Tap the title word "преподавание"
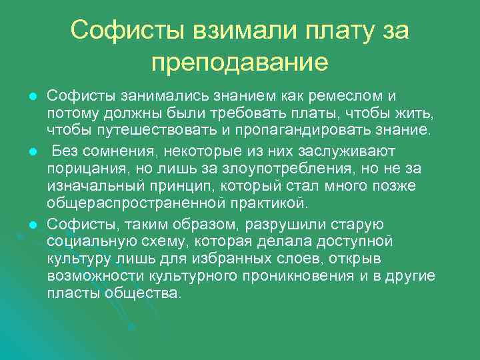coord(239,63)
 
